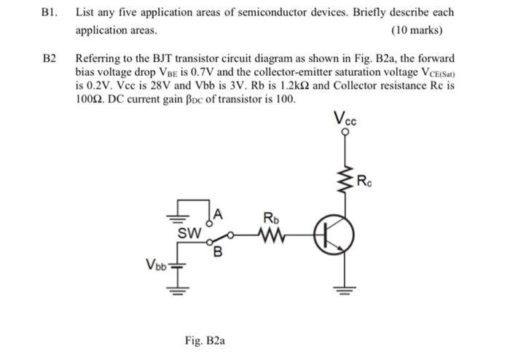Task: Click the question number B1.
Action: click(x=51, y=12)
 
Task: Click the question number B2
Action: click(x=50, y=58)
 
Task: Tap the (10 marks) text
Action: click(x=417, y=31)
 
